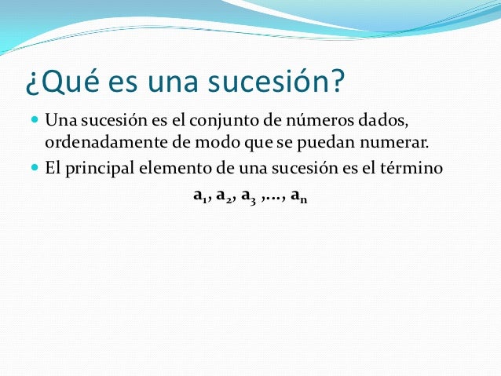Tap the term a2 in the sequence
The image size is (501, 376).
223,196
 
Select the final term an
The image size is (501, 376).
298,196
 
